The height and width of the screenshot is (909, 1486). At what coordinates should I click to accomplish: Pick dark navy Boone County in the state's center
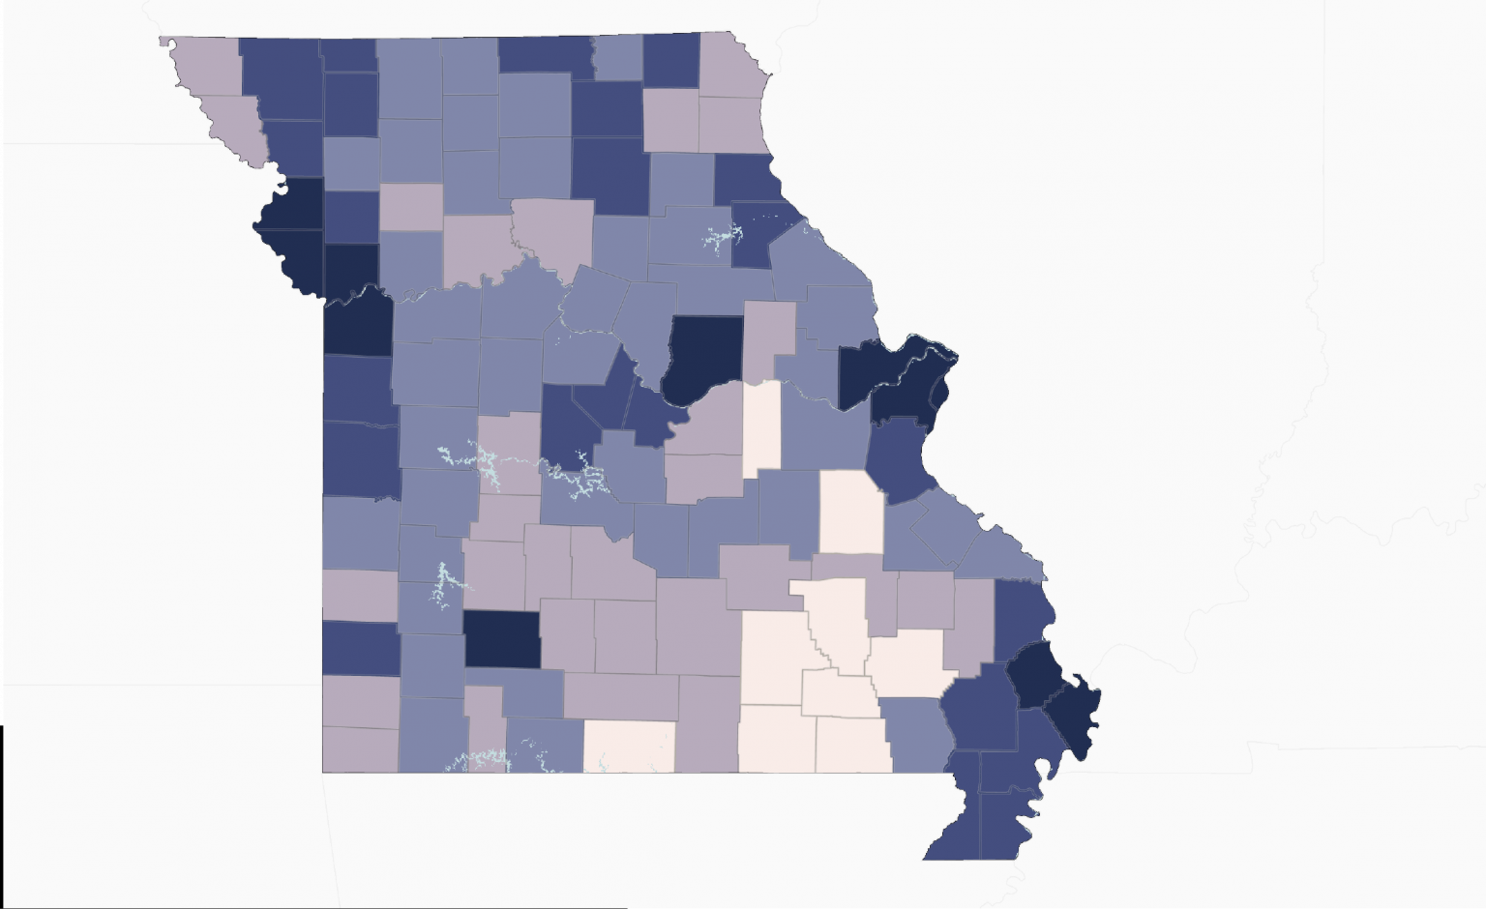(705, 354)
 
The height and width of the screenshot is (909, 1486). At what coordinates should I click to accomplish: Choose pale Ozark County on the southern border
(630, 746)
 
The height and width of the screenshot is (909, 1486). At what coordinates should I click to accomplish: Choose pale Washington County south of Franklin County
(851, 512)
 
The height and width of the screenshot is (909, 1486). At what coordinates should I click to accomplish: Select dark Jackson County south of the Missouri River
(357, 325)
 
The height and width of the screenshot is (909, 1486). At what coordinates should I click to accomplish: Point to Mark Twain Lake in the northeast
(720, 236)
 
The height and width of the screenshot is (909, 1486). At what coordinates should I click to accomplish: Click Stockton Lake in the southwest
(446, 581)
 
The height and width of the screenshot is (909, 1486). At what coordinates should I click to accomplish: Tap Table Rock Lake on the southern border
(484, 760)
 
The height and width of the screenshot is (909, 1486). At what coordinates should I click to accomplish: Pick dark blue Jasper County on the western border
(360, 648)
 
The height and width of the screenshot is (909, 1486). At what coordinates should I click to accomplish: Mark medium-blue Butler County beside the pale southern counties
(915, 734)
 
